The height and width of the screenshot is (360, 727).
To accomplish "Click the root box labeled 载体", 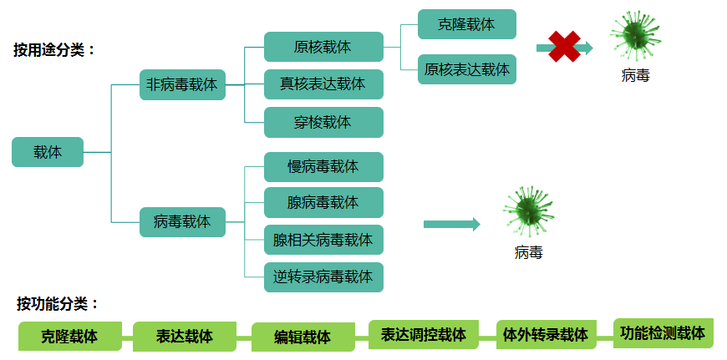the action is [48, 152].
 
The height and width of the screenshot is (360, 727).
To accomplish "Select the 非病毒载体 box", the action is [182, 85].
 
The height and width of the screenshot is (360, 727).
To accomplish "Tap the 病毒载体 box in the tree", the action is [182, 222].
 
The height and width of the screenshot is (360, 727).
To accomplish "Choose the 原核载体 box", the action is [323, 47].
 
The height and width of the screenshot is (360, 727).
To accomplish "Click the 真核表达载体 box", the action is [323, 84].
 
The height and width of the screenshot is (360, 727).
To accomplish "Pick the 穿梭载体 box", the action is [323, 122].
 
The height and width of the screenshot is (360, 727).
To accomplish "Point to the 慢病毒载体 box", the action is [323, 167].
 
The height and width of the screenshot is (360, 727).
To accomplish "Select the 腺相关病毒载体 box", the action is [323, 240].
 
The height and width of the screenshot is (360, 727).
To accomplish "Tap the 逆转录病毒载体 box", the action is [323, 277].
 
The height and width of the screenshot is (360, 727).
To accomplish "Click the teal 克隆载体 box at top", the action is [467, 24].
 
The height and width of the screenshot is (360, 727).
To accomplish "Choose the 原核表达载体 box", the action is [467, 69].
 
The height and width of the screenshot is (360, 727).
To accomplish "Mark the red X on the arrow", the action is [564, 46].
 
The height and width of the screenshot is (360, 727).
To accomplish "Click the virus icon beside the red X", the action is [635, 36].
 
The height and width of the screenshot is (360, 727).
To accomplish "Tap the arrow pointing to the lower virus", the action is [452, 224].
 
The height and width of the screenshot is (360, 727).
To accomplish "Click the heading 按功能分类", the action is [58, 304].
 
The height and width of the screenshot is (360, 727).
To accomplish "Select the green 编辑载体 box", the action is [303, 337].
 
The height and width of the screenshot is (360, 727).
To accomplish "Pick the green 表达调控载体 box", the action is [424, 334].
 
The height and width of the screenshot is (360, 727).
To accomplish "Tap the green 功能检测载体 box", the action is [663, 333].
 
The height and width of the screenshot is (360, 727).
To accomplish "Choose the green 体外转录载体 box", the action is [547, 334].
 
